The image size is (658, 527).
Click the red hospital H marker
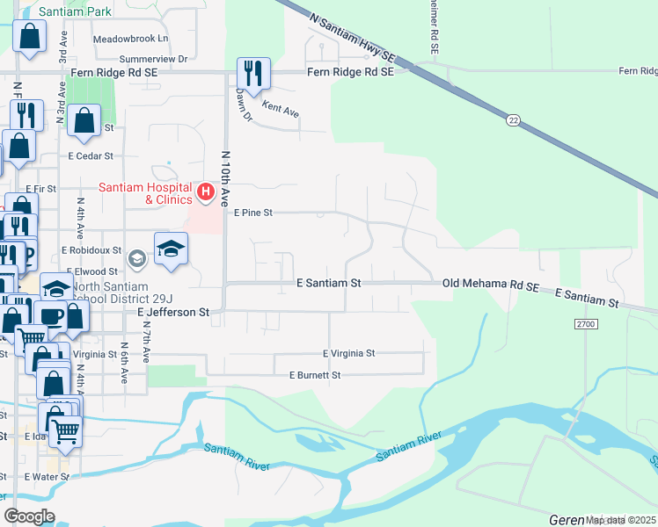pos(206,191)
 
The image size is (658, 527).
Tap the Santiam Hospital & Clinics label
pos(145,193)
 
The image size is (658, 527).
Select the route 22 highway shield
pos(512,119)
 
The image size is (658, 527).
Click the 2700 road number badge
pos(586,324)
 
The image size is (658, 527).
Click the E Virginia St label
pos(349,353)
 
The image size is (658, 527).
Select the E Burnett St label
pos(315,375)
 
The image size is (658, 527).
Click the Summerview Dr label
pos(145,59)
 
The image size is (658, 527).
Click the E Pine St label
pos(253,213)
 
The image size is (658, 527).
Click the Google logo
pos(29,516)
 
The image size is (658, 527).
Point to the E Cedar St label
pos(91,156)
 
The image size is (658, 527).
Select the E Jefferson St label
pos(173,312)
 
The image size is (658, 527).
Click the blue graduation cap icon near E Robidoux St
pos(171,249)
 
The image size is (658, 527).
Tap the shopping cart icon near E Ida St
pos(64,430)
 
